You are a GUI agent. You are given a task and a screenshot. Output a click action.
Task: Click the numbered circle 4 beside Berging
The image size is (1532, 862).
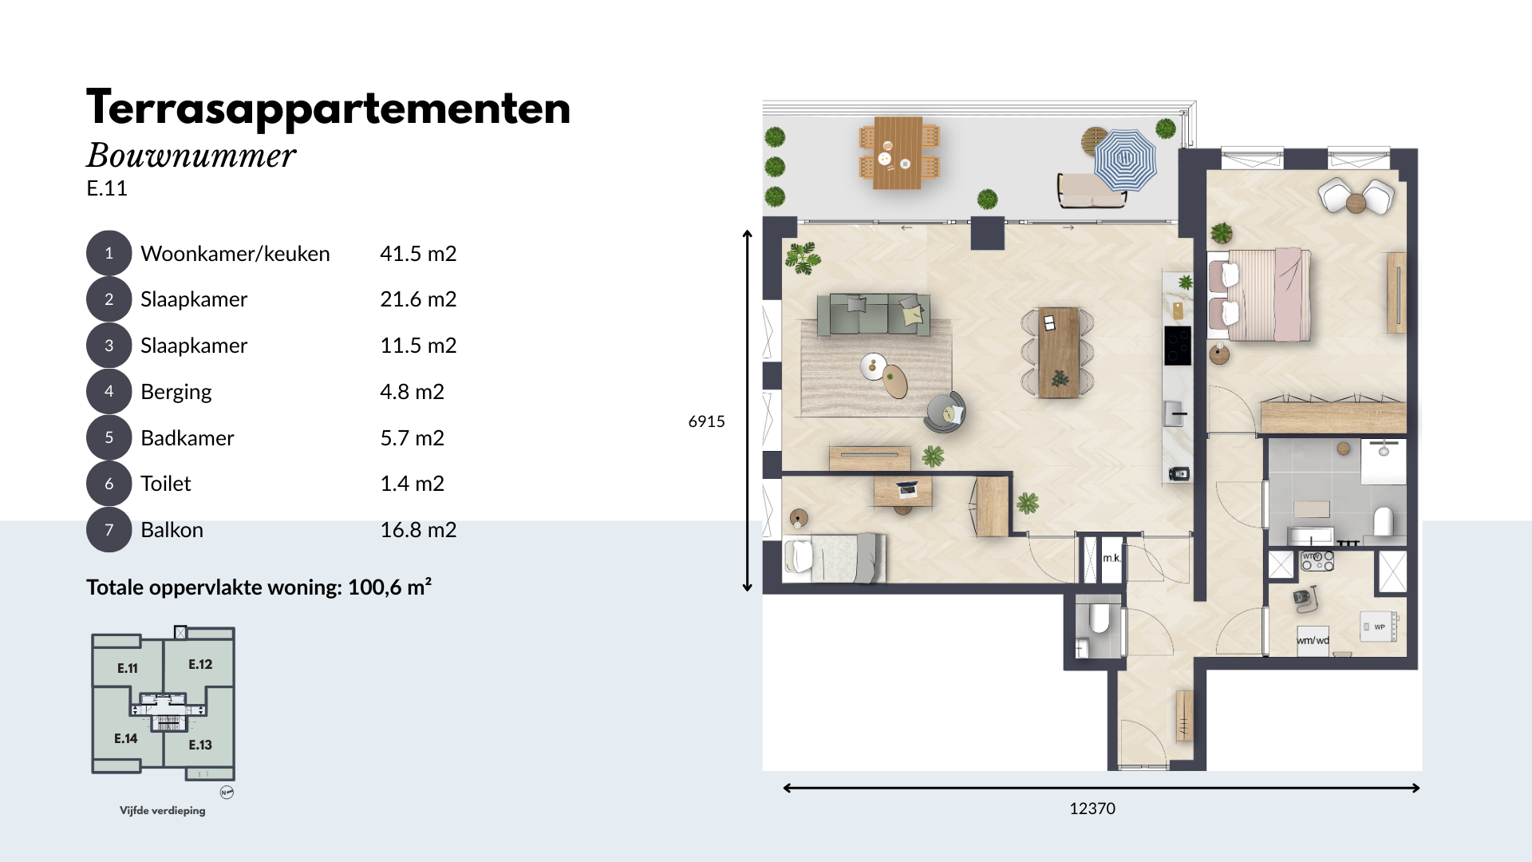click(109, 391)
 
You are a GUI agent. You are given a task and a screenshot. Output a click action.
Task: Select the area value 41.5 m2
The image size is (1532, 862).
click(418, 254)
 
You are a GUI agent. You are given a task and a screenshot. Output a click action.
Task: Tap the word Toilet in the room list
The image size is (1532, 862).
click(166, 484)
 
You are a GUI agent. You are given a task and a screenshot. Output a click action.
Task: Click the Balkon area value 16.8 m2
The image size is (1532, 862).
click(418, 530)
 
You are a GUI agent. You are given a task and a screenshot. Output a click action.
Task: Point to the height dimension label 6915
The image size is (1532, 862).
click(706, 421)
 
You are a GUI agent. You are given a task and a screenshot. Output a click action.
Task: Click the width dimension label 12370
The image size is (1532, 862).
click(1092, 809)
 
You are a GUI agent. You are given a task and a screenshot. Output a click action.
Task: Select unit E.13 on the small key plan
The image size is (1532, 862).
click(200, 745)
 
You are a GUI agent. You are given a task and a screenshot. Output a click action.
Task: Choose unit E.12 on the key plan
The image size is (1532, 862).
click(200, 664)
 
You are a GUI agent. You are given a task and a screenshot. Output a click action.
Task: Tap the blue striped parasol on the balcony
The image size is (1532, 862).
click(1124, 159)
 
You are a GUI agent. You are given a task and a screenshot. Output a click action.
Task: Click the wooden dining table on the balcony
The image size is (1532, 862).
click(898, 152)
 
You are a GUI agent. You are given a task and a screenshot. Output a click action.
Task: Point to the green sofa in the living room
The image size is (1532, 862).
click(873, 314)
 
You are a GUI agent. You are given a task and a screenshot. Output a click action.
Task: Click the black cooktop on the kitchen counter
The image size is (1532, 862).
click(1178, 346)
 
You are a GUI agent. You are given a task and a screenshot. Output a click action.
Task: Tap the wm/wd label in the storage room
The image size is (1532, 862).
click(1313, 640)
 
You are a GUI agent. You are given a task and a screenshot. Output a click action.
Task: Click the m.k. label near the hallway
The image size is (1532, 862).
click(1111, 558)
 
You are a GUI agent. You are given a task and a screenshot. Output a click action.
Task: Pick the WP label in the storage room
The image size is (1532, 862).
click(1380, 627)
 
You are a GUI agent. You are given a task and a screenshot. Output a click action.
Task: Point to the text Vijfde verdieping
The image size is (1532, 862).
click(163, 810)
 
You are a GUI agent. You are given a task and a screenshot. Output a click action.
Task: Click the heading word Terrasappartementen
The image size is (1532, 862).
click(329, 108)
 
